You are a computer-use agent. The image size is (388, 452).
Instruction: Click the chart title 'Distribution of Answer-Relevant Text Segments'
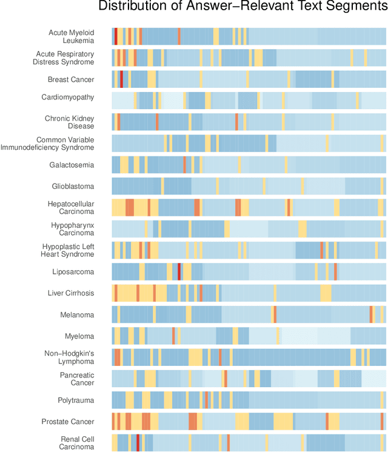pyautogui.click(x=242, y=7)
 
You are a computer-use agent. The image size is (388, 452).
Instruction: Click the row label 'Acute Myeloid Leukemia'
pyautogui.click(x=71, y=36)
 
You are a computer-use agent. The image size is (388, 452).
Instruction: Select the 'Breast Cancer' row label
pyautogui.click(x=71, y=79)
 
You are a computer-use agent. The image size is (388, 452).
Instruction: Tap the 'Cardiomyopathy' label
pyautogui.click(x=67, y=97)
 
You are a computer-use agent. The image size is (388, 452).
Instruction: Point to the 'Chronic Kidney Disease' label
pyautogui.click(x=69, y=122)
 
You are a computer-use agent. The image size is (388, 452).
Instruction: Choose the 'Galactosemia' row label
pyautogui.click(x=72, y=165)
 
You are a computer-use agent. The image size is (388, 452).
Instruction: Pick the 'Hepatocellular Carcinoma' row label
pyautogui.click(x=70, y=208)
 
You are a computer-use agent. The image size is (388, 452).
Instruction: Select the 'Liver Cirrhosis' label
pyautogui.click(x=71, y=293)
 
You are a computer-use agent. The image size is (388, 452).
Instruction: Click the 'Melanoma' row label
pyautogui.click(x=77, y=314)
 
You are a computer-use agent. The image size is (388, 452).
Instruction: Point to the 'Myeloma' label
pyautogui.click(x=79, y=336)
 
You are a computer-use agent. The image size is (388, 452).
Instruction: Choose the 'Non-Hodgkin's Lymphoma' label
pyautogui.click(x=69, y=357)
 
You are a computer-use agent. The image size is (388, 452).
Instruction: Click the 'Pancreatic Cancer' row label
pyautogui.click(x=76, y=379)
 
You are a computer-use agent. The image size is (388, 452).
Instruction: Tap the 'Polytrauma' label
pyautogui.click(x=76, y=400)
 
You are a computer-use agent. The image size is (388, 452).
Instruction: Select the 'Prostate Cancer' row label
pyautogui.click(x=68, y=422)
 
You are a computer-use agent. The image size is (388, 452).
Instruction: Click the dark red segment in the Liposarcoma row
pyautogui.click(x=179, y=271)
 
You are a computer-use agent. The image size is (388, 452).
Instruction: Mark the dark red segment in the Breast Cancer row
pyautogui.click(x=122, y=79)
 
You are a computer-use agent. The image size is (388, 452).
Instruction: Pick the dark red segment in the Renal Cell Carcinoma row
pyautogui.click(x=138, y=443)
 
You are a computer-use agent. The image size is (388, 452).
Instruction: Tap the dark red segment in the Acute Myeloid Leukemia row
pyautogui.click(x=116, y=36)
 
